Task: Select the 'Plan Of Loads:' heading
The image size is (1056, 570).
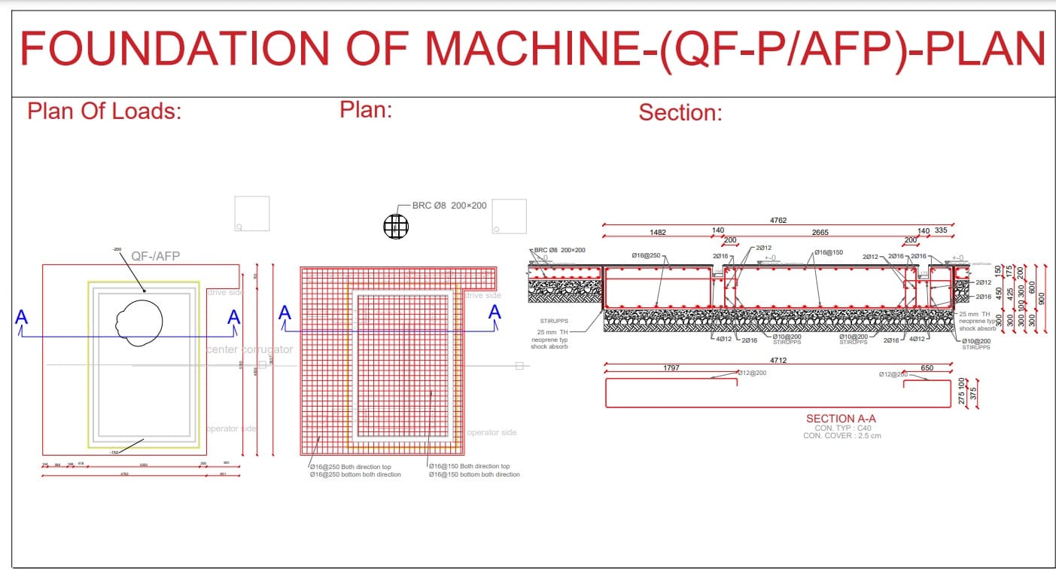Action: pyautogui.click(x=105, y=111)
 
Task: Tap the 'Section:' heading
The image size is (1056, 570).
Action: pyautogui.click(x=680, y=113)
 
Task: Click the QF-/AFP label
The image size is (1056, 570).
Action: pyautogui.click(x=156, y=256)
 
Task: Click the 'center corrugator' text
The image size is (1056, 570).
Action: pyautogui.click(x=249, y=349)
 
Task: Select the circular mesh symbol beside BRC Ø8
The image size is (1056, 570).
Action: pyautogui.click(x=396, y=226)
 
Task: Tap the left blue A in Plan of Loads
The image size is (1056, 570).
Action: pyautogui.click(x=21, y=317)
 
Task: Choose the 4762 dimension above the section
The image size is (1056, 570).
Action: pyautogui.click(x=778, y=221)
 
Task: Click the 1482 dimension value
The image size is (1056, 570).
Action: pyautogui.click(x=657, y=232)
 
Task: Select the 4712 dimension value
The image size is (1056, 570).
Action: pyautogui.click(x=778, y=361)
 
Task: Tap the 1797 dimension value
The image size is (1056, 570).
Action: pyautogui.click(x=671, y=368)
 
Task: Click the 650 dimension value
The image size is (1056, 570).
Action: pyautogui.click(x=927, y=368)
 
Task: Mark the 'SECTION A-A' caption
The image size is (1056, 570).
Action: pyautogui.click(x=841, y=419)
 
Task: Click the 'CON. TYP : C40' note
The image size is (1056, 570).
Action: pyautogui.click(x=842, y=428)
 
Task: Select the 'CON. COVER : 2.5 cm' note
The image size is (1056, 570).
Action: pyautogui.click(x=841, y=435)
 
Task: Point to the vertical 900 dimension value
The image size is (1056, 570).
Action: pyautogui.click(x=1042, y=298)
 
